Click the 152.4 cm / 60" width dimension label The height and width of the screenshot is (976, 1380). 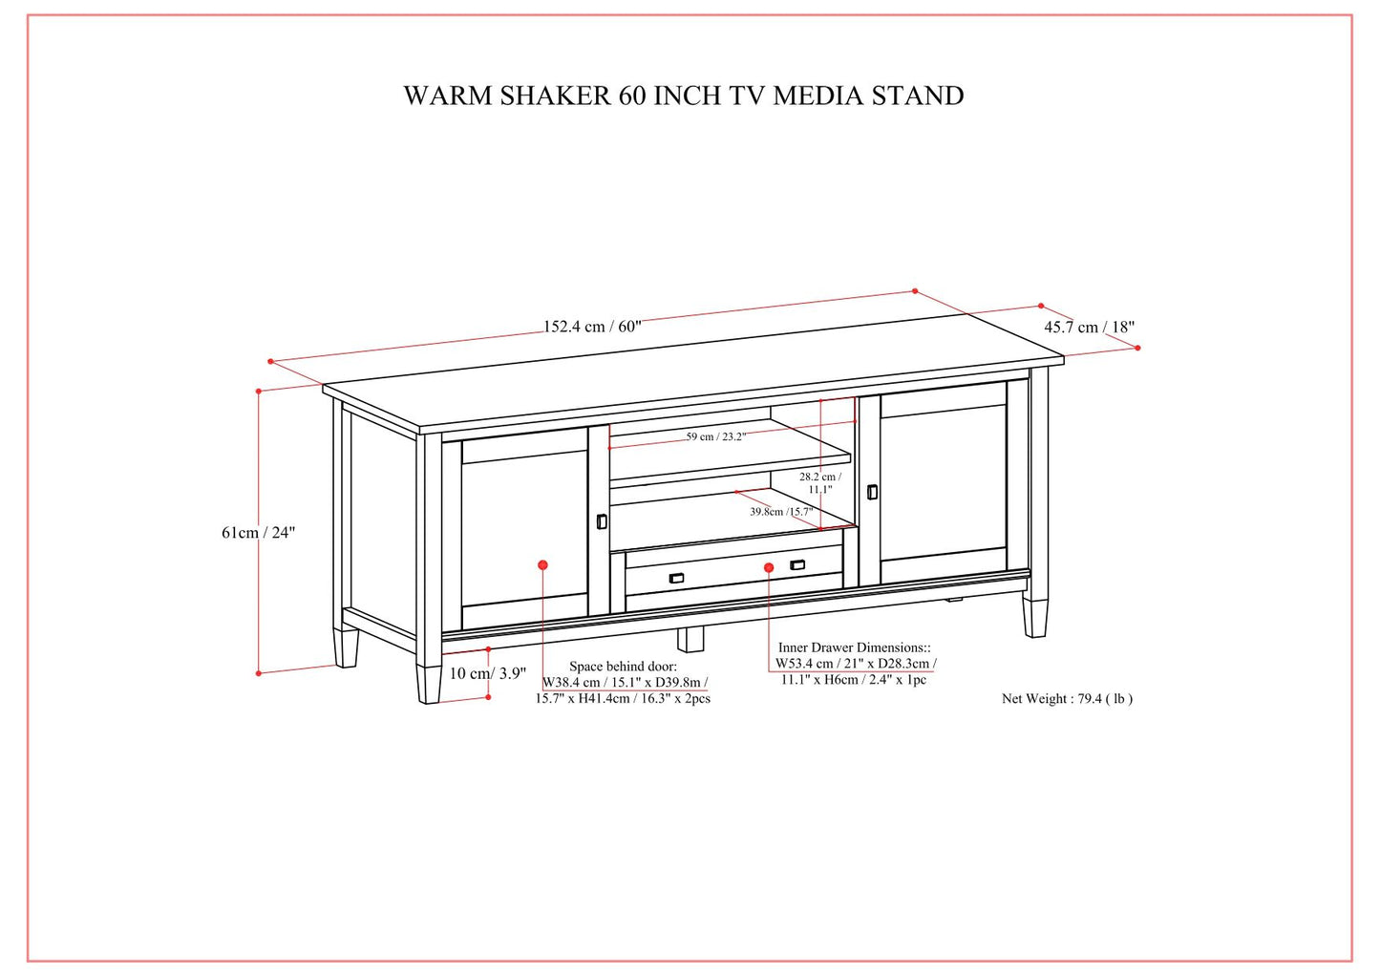pyautogui.click(x=592, y=327)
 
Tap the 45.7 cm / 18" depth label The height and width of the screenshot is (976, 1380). pyautogui.click(x=1089, y=327)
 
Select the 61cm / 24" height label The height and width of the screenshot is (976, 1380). pyautogui.click(x=259, y=533)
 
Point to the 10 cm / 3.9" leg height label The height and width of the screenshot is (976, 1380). pyautogui.click(x=487, y=673)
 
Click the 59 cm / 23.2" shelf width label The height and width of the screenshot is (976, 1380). pyautogui.click(x=715, y=436)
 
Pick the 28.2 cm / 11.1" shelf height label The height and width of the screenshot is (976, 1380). pyautogui.click(x=820, y=482)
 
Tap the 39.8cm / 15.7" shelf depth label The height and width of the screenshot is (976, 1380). pyautogui.click(x=781, y=512)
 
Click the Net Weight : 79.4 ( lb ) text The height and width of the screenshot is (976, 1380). pyautogui.click(x=1067, y=698)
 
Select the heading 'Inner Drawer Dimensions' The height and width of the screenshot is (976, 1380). pyautogui.click(x=854, y=647)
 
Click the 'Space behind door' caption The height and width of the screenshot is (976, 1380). pyautogui.click(x=623, y=666)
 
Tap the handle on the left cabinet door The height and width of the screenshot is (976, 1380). pyautogui.click(x=602, y=521)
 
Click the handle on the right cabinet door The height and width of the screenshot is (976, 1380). pyautogui.click(x=872, y=492)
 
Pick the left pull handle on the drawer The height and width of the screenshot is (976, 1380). pyautogui.click(x=677, y=577)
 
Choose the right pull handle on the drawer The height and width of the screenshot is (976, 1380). pyautogui.click(x=797, y=565)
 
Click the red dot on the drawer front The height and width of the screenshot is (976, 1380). pyautogui.click(x=769, y=567)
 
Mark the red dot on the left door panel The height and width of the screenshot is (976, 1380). pyautogui.click(x=542, y=565)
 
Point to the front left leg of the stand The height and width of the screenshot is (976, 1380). pyautogui.click(x=429, y=682)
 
